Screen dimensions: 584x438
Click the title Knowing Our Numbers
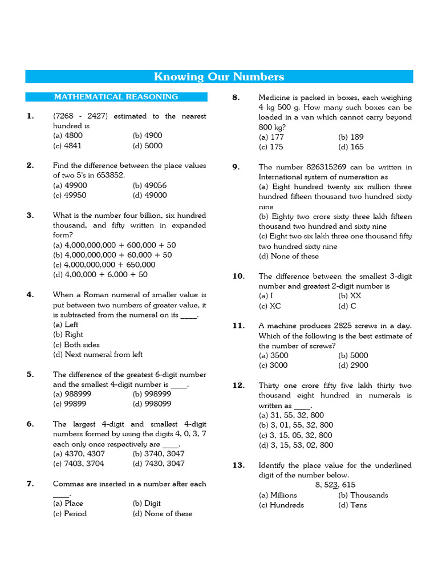[x=219, y=77]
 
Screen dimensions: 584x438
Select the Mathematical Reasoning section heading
[x=116, y=97]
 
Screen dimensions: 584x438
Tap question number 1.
[x=30, y=116]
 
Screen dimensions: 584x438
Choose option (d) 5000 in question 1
[x=147, y=145]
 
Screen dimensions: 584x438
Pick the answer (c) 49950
[x=70, y=195]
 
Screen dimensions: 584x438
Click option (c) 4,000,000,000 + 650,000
[x=104, y=265]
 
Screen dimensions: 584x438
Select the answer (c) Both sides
[x=76, y=344]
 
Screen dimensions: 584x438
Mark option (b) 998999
[x=152, y=394]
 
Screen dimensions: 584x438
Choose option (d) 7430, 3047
[x=159, y=464]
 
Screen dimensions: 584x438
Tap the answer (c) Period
[x=70, y=513]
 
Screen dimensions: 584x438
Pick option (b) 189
[x=351, y=137]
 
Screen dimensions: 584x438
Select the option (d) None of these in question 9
[x=289, y=256]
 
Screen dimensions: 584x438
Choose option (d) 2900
[x=353, y=365]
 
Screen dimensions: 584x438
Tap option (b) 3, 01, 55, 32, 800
[x=295, y=425]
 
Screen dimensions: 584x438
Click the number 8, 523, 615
[x=335, y=485]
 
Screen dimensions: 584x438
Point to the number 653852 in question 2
[x=109, y=175]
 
